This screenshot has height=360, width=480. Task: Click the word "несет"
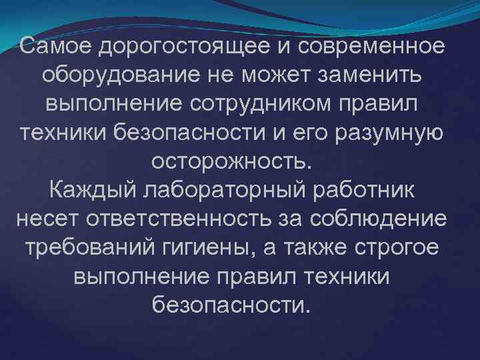[45, 219]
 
